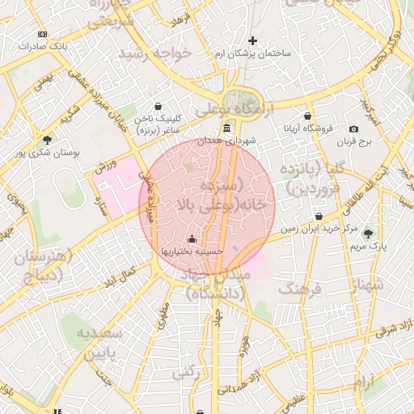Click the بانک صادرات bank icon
pyautogui.click(x=42, y=34)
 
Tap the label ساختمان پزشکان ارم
pyautogui.click(x=252, y=53)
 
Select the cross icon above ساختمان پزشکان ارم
pyautogui.click(x=252, y=40)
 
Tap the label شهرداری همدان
pyautogui.click(x=230, y=141)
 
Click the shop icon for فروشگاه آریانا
pyautogui.click(x=307, y=116)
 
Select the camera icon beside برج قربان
pyautogui.click(x=353, y=129)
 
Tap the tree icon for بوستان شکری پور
pyautogui.click(x=47, y=140)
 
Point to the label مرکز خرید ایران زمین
pyautogui.click(x=319, y=229)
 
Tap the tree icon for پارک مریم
pyautogui.click(x=370, y=234)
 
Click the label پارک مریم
pyautogui.click(x=371, y=246)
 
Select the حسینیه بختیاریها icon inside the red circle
pyautogui.click(x=192, y=239)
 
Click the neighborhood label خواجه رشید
pyautogui.click(x=154, y=53)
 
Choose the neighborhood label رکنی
pyautogui.click(x=187, y=371)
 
